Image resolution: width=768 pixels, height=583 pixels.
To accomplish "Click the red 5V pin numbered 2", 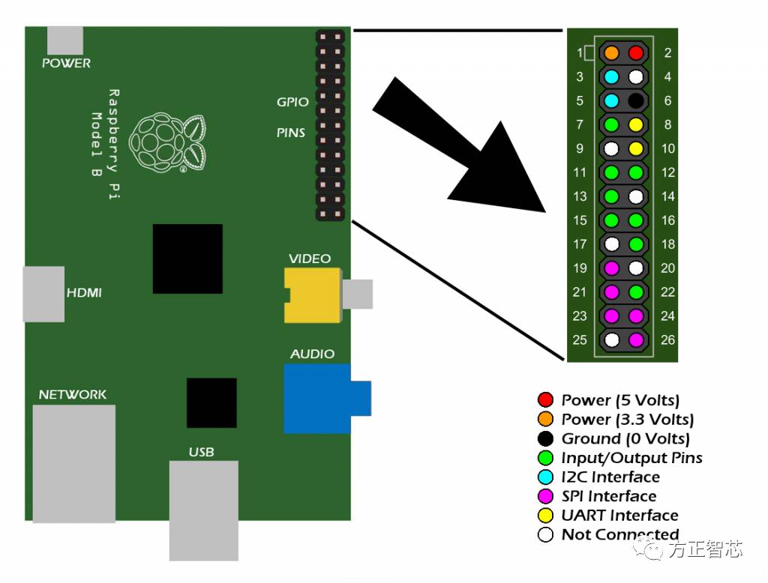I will click(x=636, y=53).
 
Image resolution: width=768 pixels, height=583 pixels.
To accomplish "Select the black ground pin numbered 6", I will click(x=636, y=100).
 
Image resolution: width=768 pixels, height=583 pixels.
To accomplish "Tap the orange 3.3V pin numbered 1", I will click(x=612, y=53).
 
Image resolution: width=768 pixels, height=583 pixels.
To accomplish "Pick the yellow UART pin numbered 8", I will click(x=636, y=124).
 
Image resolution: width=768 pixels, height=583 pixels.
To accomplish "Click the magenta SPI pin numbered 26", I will click(x=636, y=339).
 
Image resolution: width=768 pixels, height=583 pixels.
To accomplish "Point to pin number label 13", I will click(x=579, y=196).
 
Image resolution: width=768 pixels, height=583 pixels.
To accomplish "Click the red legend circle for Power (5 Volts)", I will click(x=545, y=400).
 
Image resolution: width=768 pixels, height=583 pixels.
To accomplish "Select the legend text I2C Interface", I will click(x=610, y=477).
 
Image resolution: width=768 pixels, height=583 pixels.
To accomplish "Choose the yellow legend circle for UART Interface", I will click(x=545, y=516).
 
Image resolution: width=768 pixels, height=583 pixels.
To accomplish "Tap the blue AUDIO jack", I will click(x=318, y=398).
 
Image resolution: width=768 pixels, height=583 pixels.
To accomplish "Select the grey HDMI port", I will click(x=43, y=294).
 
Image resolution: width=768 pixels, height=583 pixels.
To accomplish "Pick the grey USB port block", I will click(x=203, y=510).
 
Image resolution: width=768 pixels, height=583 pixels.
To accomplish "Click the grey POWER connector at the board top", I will click(x=65, y=40).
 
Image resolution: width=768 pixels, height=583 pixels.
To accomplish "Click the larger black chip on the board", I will click(x=187, y=259).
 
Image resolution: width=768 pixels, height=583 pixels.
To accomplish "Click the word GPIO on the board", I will click(x=292, y=102).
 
